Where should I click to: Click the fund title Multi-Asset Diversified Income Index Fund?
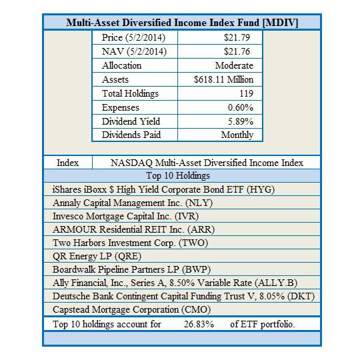(182, 23)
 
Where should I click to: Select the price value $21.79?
(239, 37)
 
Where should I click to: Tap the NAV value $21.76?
(239, 51)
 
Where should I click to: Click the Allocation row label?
(121, 65)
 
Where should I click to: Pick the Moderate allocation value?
(234, 65)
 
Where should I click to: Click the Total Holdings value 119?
(246, 93)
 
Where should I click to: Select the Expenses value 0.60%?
(240, 107)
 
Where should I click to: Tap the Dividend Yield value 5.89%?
(240, 121)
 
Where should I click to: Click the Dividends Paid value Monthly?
(237, 135)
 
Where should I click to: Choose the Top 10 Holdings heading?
(182, 176)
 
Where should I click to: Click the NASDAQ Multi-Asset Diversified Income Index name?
(207, 163)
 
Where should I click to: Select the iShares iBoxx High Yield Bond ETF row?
(163, 189)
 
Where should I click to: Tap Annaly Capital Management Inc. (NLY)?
(133, 203)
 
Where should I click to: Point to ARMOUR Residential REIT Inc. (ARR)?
(133, 229)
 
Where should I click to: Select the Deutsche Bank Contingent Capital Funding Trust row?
(183, 296)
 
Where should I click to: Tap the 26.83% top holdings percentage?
(199, 324)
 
